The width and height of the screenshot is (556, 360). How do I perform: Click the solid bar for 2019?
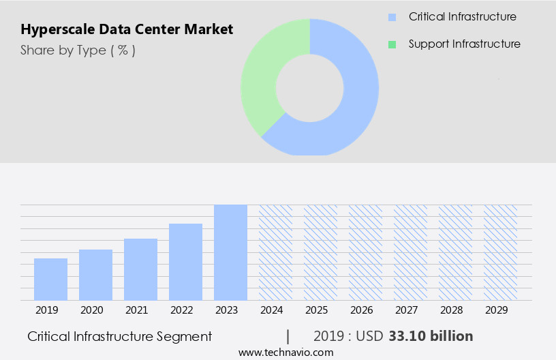(x=50, y=280)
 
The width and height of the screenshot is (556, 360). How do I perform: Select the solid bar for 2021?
(x=140, y=269)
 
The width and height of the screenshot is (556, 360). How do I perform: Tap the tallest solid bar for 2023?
(x=230, y=252)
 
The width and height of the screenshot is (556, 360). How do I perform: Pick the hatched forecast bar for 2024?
(x=275, y=252)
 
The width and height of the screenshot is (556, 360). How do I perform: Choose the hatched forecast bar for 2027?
(x=410, y=252)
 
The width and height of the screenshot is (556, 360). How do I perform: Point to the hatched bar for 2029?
(x=500, y=252)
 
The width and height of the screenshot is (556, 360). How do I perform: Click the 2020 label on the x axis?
(x=91, y=310)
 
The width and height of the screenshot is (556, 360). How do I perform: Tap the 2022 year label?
(x=181, y=310)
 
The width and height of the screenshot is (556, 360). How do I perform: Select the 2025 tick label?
(x=316, y=310)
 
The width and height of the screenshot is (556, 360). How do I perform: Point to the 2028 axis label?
(x=451, y=310)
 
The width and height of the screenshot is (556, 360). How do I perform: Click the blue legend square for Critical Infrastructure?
(x=392, y=17)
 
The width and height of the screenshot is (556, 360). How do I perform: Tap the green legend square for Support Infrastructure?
(x=392, y=44)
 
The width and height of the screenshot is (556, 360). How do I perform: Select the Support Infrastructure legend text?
(x=464, y=44)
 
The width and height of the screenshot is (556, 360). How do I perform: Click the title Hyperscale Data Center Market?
(x=127, y=29)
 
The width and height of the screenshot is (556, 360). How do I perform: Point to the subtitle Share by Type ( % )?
(x=78, y=50)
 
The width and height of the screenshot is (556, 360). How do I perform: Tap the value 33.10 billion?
(x=431, y=336)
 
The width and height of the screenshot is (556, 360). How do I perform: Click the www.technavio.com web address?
(x=286, y=352)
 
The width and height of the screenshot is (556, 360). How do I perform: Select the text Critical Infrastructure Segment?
(x=120, y=336)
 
